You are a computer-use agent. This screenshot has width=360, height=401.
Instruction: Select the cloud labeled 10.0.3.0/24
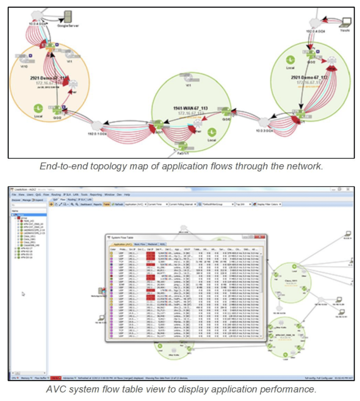(264, 123)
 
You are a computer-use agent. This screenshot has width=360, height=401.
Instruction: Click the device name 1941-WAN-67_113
(190, 108)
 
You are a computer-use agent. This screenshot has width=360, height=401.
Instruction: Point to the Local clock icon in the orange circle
(38, 108)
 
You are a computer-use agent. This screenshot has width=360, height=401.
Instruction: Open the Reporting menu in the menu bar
(96, 195)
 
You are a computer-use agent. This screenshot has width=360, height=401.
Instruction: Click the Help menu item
(127, 195)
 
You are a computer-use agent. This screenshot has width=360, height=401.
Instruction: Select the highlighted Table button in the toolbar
(106, 204)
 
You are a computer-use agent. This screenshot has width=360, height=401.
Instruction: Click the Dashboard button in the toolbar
(87, 204)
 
